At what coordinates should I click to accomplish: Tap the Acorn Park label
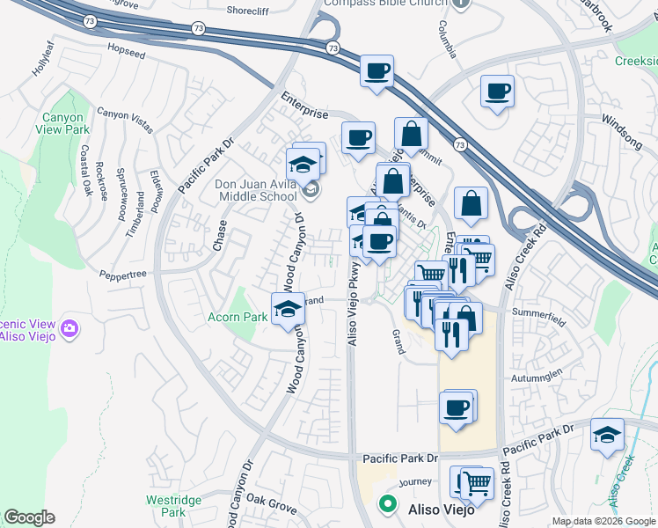point(238,317)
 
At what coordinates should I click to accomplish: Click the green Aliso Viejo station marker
point(386,505)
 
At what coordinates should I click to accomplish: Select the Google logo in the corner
point(29,517)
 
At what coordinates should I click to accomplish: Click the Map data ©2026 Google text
point(603,521)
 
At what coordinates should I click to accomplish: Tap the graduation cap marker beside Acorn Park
point(287,309)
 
